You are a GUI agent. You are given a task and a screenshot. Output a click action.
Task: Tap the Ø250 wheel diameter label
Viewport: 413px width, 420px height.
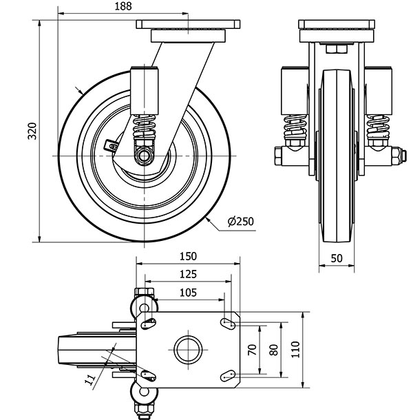(x=240, y=221)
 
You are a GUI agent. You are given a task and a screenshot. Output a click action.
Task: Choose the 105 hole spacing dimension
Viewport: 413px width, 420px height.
(x=187, y=292)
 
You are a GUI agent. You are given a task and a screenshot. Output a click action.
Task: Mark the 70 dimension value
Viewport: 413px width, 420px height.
(x=252, y=349)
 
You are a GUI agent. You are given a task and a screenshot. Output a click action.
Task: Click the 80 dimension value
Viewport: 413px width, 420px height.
(x=274, y=349)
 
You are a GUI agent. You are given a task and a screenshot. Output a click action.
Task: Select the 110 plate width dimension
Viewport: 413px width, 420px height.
(x=295, y=349)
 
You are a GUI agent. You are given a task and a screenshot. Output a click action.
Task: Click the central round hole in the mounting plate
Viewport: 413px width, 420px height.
(x=187, y=349)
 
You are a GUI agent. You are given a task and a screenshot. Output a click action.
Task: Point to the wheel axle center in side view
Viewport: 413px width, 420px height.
(x=145, y=157)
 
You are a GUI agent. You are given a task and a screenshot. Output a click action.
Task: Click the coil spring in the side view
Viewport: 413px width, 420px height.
(x=145, y=128)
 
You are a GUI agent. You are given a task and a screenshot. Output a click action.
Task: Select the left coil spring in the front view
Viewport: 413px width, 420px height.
(x=294, y=128)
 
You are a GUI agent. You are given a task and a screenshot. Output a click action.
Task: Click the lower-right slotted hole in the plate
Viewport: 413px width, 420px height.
(x=230, y=374)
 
